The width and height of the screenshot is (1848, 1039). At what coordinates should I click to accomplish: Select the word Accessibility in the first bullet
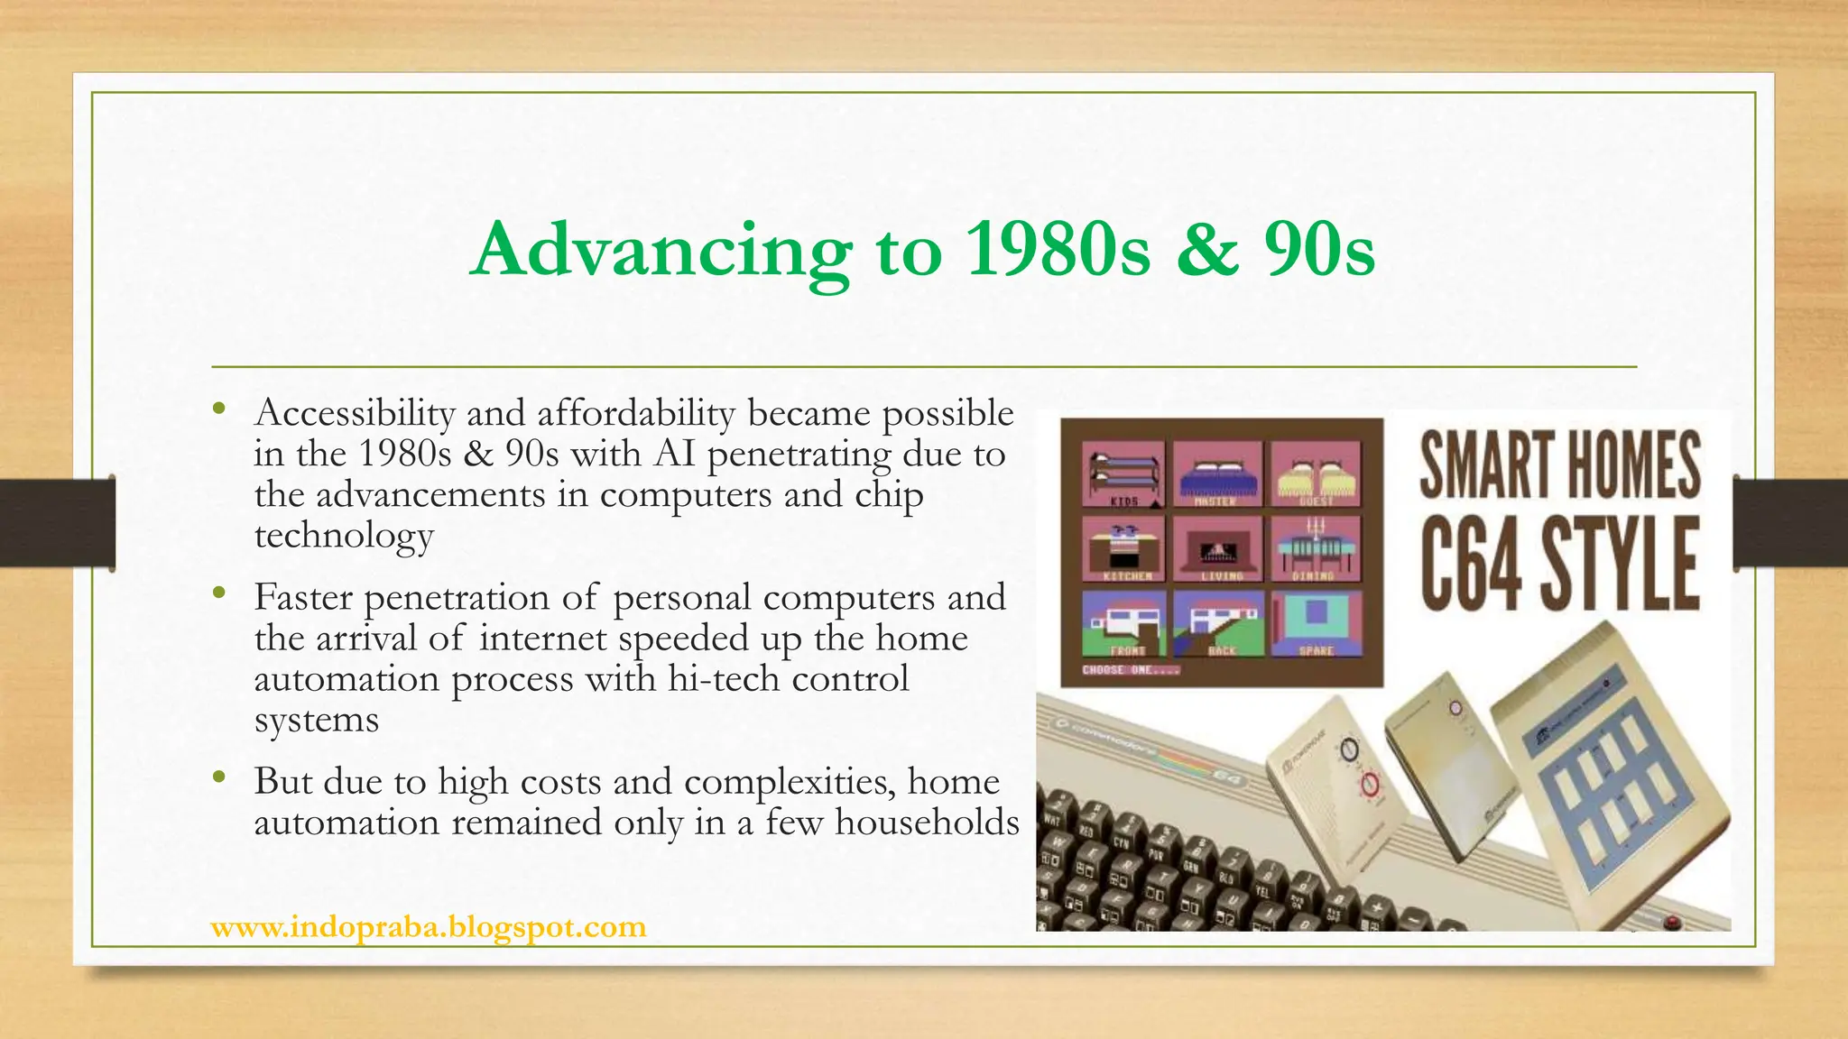pos(355,413)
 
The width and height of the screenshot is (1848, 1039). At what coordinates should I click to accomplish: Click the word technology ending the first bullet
pos(344,535)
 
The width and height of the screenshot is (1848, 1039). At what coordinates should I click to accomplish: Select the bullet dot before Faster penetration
pos(218,593)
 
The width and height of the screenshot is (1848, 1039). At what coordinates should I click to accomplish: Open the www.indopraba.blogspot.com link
pos(429,926)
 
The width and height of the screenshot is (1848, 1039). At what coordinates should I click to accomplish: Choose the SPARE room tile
pos(1316,622)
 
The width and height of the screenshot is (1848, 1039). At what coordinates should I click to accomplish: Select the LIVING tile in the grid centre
pos(1220,548)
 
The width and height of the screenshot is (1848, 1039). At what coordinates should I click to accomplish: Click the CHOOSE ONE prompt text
pos(1131,670)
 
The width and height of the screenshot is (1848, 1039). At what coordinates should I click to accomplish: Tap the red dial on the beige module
pos(1371,786)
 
